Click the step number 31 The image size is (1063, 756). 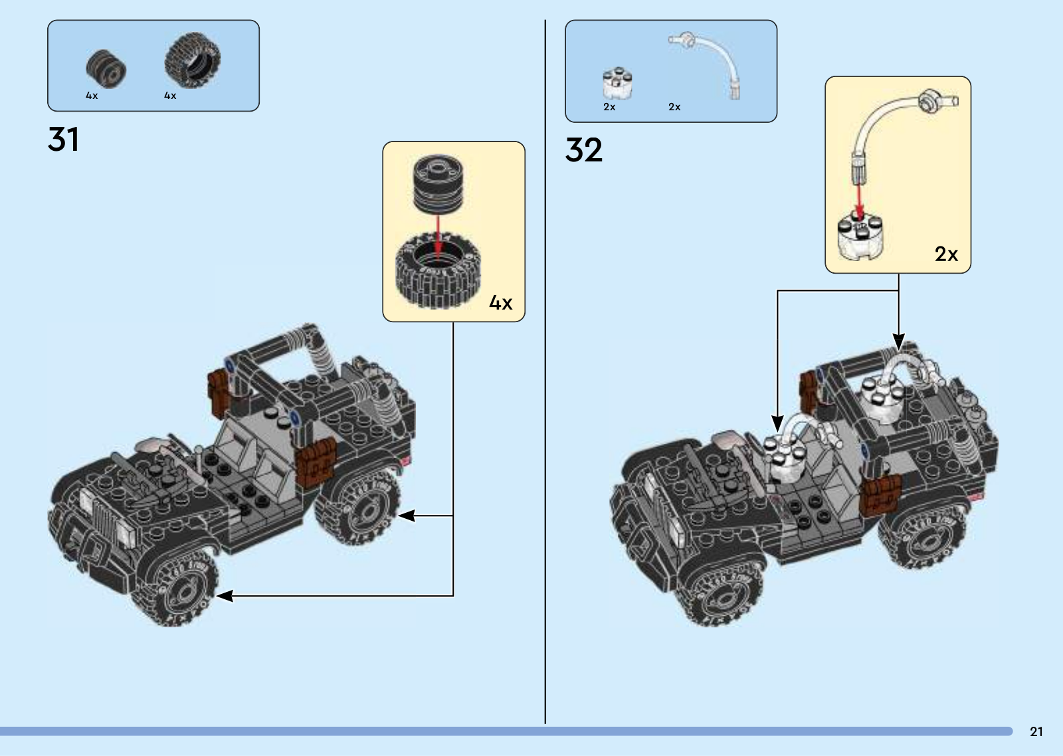click(64, 140)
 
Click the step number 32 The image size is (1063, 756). click(584, 150)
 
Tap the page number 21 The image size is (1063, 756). click(1036, 731)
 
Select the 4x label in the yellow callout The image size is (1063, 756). click(501, 303)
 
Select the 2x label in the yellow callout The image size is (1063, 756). click(946, 254)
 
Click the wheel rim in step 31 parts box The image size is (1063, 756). click(106, 68)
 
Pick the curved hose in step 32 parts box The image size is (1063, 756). click(711, 63)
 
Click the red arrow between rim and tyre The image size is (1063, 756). click(437, 236)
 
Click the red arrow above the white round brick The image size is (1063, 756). click(859, 198)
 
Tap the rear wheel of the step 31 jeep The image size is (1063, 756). click(359, 509)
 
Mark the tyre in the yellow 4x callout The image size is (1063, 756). click(437, 272)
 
